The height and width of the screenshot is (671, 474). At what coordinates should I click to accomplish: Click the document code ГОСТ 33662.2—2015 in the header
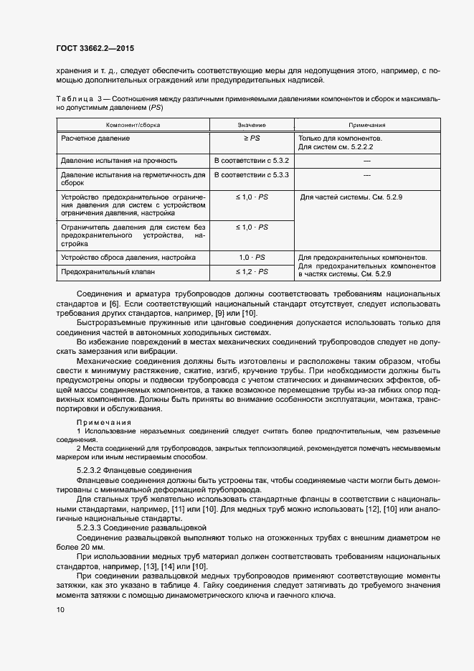[x=95, y=49]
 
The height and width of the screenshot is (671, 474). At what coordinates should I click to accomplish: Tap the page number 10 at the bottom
[x=60, y=610]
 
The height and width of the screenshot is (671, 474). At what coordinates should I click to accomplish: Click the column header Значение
[x=252, y=125]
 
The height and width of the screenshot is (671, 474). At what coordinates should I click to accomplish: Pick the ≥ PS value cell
[x=252, y=137]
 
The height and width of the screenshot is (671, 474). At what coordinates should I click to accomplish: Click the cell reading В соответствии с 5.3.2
[x=252, y=160]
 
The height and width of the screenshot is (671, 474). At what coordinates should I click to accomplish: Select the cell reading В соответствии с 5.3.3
[x=252, y=174]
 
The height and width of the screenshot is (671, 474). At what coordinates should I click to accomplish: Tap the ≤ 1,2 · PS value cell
[x=252, y=272]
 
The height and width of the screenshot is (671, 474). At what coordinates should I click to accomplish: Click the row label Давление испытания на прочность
[x=119, y=160]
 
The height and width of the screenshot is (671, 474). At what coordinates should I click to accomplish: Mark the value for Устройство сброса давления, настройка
[x=252, y=257]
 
